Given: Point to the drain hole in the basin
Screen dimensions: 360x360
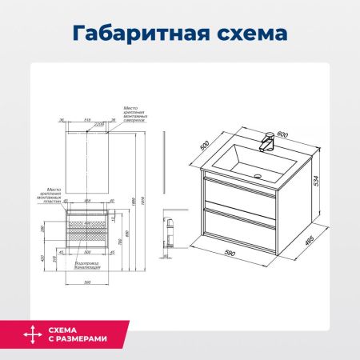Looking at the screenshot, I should (258, 172).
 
